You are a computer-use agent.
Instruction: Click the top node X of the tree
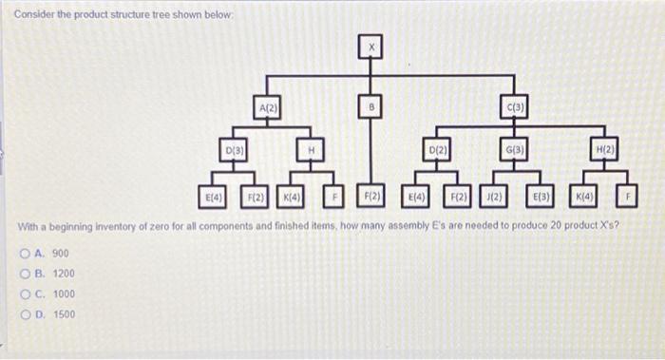coord(371,46)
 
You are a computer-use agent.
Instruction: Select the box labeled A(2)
coord(267,108)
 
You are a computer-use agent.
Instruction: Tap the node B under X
coord(371,108)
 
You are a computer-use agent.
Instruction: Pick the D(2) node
coord(437,151)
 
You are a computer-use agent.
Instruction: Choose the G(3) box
coord(514,151)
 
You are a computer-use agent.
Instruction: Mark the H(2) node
coord(604,151)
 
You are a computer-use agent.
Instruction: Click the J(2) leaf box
coord(493,197)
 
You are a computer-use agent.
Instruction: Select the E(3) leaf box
coord(539,197)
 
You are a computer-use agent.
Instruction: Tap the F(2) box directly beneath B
coord(371,197)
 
